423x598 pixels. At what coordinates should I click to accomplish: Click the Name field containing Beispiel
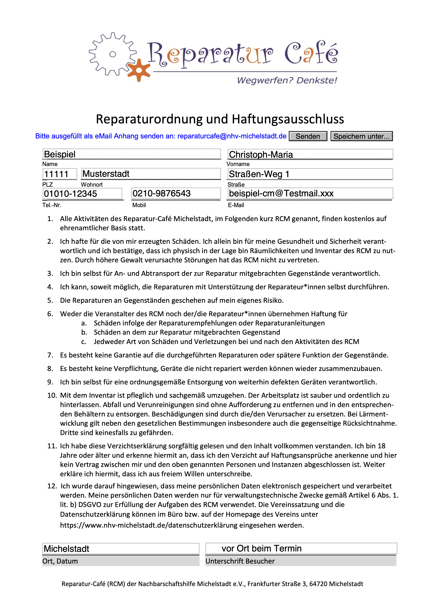(x=132, y=154)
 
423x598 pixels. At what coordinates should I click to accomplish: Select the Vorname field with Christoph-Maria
(x=310, y=154)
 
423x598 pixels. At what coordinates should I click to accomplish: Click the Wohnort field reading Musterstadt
(x=151, y=174)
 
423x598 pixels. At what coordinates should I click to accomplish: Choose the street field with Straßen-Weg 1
(x=310, y=174)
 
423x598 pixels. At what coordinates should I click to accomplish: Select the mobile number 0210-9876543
(x=176, y=193)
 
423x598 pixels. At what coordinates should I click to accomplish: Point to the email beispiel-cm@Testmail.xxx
(x=310, y=193)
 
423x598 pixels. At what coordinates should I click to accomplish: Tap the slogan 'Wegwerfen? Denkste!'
(x=287, y=80)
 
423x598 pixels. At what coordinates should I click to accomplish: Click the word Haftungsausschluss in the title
(x=288, y=119)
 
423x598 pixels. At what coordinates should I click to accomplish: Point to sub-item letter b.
(x=84, y=332)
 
